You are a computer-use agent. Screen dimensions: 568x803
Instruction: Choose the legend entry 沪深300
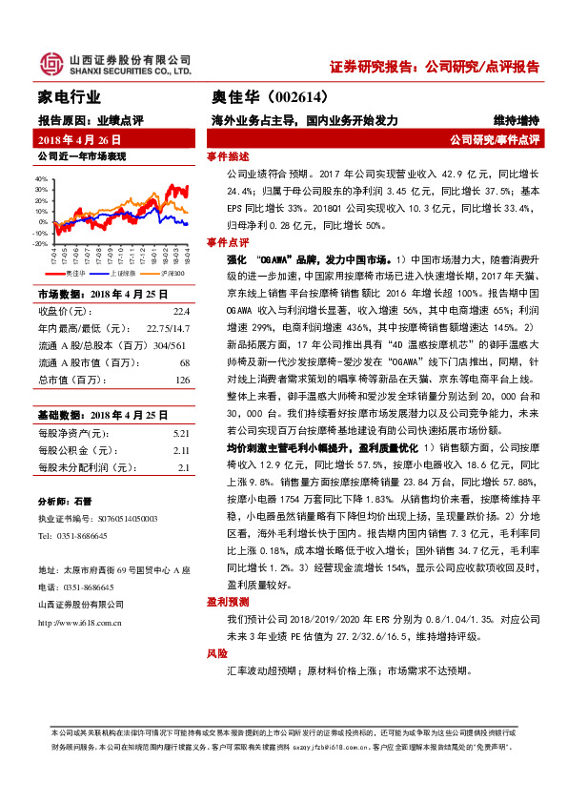[x=172, y=272]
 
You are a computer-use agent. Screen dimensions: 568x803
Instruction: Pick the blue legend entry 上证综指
[x=125, y=272]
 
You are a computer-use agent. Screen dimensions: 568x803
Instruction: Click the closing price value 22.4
[x=181, y=311]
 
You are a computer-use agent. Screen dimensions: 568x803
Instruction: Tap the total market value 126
[x=183, y=381]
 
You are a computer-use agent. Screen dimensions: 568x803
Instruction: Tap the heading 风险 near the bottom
[x=217, y=654]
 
